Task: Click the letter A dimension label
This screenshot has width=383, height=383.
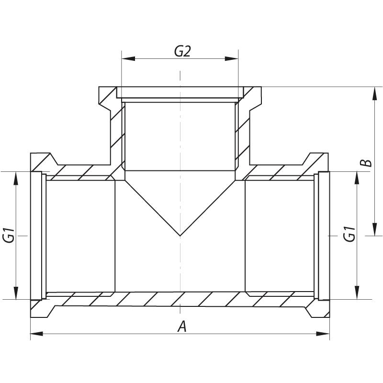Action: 182,327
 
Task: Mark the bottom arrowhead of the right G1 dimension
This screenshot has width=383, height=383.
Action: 357,293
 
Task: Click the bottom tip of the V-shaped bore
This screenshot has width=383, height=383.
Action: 180,236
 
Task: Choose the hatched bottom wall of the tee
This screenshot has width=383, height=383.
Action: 180,299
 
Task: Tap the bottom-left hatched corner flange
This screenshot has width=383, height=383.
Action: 38,306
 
